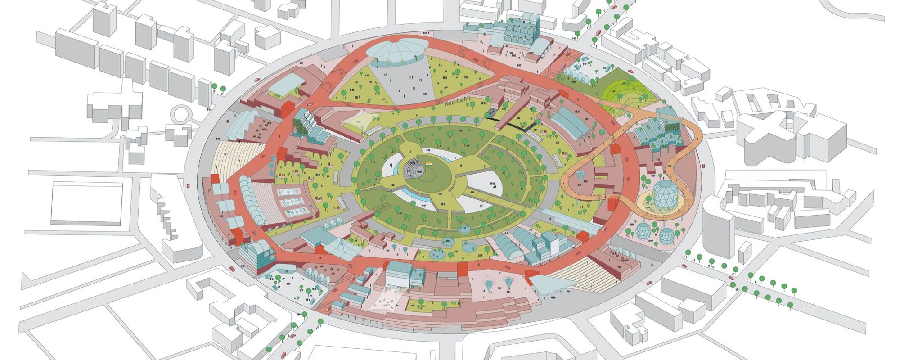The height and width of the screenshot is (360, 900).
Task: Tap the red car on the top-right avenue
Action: [x=598, y=33]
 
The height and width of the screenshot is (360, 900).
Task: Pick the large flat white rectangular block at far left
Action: [x=86, y=203]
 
